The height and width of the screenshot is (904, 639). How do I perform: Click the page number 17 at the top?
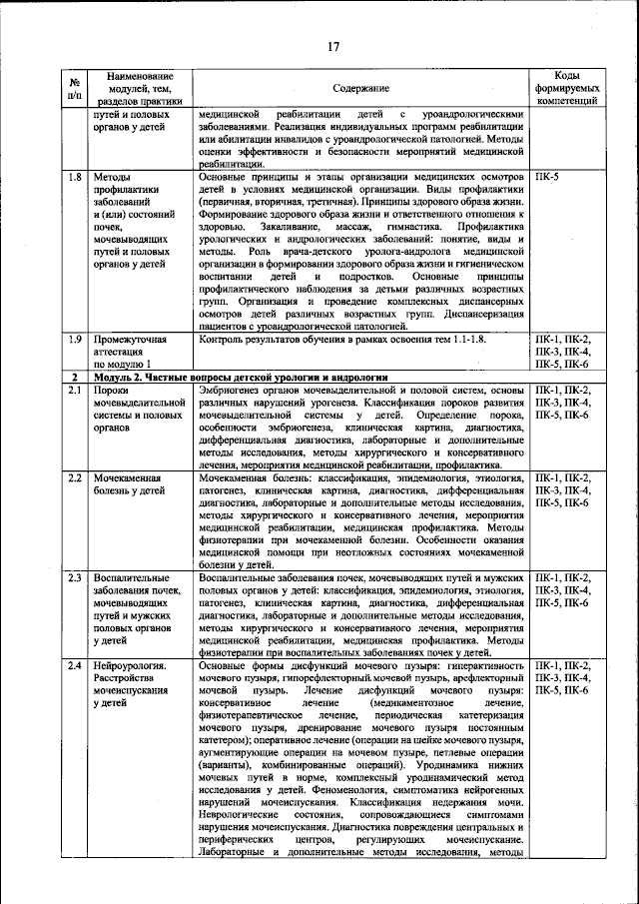tap(332, 45)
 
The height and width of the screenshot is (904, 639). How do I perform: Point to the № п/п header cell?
tap(74, 89)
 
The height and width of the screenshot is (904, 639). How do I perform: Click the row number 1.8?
tap(74, 177)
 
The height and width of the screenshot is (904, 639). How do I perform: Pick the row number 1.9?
tap(74, 340)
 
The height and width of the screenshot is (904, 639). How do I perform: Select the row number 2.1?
tap(74, 390)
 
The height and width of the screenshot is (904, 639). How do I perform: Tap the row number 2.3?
tap(74, 578)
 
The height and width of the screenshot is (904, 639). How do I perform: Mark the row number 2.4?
tap(74, 665)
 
